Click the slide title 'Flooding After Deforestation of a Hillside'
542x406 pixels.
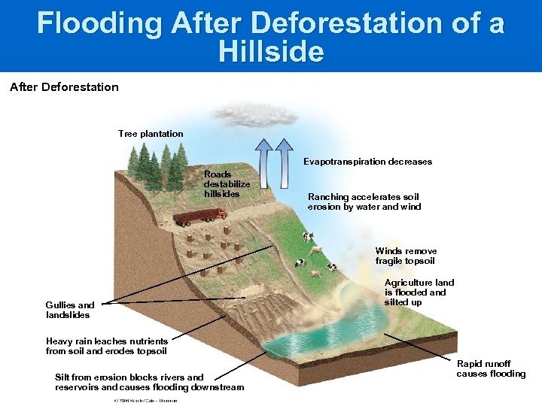(x=271, y=36)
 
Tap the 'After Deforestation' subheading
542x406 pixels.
(x=64, y=87)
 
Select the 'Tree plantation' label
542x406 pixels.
(x=151, y=134)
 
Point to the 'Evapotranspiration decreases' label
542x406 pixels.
(x=367, y=162)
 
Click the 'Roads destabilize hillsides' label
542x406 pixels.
(x=227, y=184)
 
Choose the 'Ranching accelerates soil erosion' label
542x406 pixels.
(x=364, y=201)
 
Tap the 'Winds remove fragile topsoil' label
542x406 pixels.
(x=406, y=256)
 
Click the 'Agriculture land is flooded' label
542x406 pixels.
(x=419, y=292)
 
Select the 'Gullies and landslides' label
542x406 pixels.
(x=70, y=310)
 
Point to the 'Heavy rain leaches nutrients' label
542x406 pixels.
(x=106, y=346)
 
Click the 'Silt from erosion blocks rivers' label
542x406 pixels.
(x=149, y=382)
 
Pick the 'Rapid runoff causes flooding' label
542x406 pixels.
(x=491, y=368)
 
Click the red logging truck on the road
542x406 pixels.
(x=200, y=217)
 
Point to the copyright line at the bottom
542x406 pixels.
(x=145, y=401)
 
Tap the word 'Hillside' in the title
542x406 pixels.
(x=271, y=52)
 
